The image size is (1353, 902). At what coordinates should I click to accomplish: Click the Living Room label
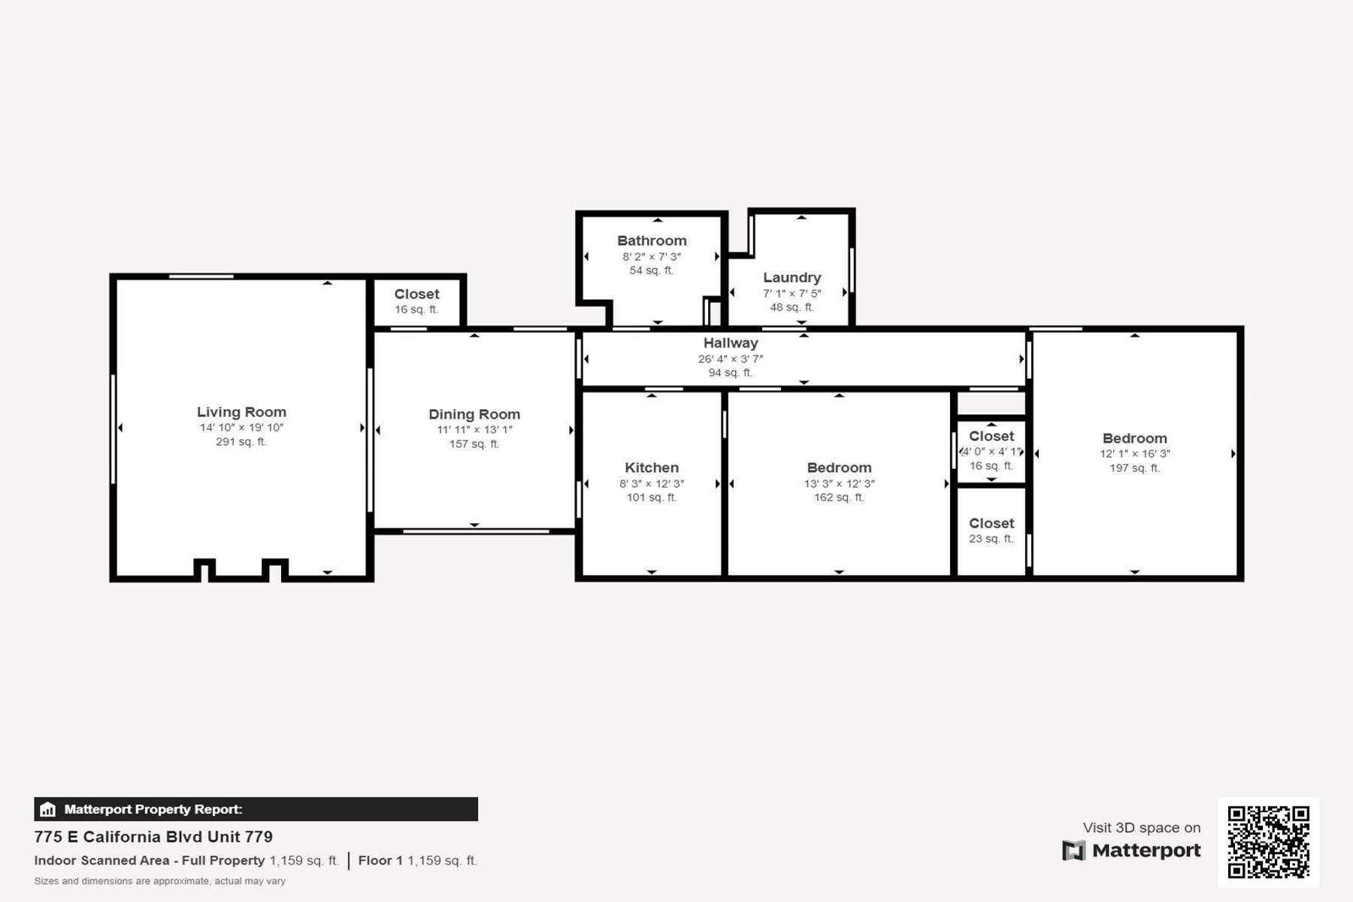pos(241,412)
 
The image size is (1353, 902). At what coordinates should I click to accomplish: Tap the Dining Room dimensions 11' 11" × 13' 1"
pos(474,430)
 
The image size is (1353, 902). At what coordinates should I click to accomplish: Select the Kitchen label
pos(652,468)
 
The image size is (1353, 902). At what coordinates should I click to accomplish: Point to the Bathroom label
pos(652,241)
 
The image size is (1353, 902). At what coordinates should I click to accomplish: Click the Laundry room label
pos(792,277)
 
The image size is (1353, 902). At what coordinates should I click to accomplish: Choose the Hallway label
pos(731,343)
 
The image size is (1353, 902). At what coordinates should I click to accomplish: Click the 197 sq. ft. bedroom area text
pos(1135,468)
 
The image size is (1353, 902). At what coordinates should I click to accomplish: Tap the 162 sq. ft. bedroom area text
pos(839,497)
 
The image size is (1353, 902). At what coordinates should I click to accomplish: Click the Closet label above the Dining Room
pos(416,294)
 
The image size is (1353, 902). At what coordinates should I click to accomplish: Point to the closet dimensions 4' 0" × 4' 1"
pos(991,452)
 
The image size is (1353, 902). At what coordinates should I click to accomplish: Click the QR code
pos(1269,842)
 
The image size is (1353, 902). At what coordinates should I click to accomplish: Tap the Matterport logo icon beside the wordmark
pos(1073,850)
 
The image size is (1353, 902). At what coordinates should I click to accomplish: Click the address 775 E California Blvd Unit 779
pos(153,837)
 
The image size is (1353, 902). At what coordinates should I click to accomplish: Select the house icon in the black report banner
pos(47,810)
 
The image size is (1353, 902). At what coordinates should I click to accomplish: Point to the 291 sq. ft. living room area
pos(241,441)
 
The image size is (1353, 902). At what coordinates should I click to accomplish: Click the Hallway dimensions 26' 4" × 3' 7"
pos(731,359)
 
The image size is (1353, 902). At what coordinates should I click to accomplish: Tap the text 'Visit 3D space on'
pos(1142,828)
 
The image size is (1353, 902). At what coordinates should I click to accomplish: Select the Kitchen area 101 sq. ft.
pos(652,497)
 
